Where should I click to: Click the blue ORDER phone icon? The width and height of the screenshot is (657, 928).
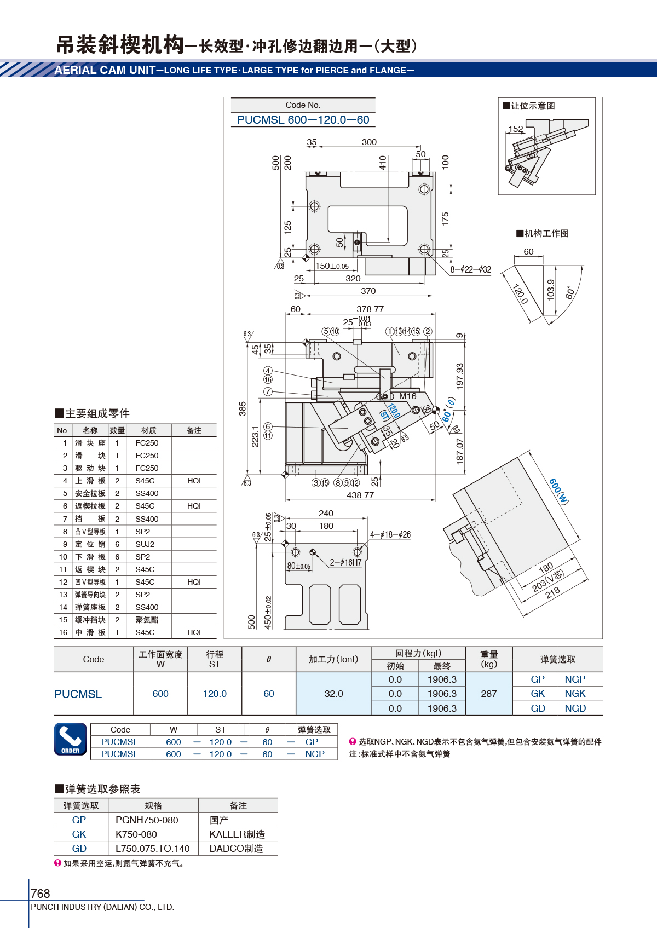(70, 739)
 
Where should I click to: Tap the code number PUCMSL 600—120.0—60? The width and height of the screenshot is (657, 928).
(303, 120)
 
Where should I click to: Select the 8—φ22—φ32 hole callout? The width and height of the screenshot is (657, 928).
(471, 270)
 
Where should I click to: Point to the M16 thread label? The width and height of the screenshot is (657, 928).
(408, 396)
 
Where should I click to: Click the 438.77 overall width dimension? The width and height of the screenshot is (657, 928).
(360, 495)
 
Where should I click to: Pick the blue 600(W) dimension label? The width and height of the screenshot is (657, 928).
(558, 491)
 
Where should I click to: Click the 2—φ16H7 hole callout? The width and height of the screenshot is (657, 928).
(345, 562)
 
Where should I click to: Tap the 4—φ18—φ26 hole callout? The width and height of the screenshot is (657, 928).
(390, 534)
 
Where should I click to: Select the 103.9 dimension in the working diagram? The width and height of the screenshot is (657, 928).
(551, 290)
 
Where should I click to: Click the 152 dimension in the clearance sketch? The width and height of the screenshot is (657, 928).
(516, 129)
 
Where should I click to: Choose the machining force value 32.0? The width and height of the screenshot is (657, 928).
(333, 694)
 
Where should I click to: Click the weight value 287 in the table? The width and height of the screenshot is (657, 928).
(489, 694)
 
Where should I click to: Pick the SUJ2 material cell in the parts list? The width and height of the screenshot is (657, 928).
(145, 544)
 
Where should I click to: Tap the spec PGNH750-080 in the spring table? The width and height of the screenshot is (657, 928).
(147, 820)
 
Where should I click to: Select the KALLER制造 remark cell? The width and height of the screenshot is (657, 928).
(237, 834)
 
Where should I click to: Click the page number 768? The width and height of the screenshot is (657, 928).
(40, 893)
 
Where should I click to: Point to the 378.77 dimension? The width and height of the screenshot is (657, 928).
(370, 309)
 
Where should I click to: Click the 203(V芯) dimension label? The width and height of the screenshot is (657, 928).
(548, 580)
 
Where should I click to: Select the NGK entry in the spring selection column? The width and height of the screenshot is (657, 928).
(575, 694)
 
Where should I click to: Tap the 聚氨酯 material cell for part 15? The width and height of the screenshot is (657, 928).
(147, 620)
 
